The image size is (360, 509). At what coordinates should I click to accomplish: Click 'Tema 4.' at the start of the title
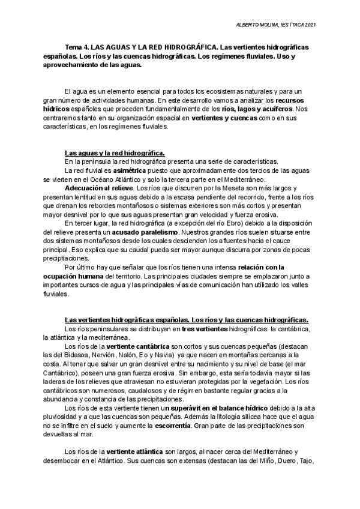click(76, 46)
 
